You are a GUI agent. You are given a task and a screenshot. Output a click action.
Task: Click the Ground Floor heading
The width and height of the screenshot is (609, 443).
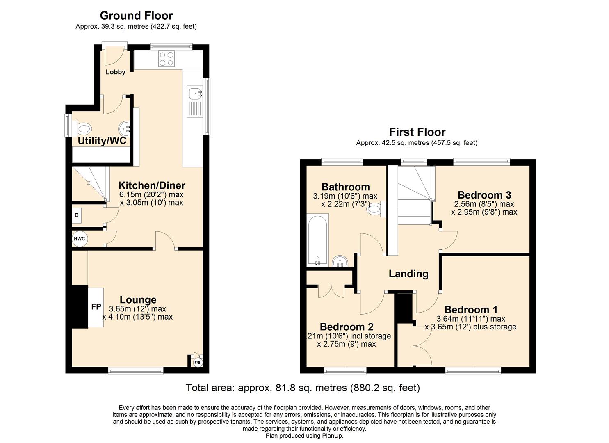136,16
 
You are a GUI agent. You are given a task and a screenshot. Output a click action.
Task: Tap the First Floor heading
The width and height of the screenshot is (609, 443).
417,132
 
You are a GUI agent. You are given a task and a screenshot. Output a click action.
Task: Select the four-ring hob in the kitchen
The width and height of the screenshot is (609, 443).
167,58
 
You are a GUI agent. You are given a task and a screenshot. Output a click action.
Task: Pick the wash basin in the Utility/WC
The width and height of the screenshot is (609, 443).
125,128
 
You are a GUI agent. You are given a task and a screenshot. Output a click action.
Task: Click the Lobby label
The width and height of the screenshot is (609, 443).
116,72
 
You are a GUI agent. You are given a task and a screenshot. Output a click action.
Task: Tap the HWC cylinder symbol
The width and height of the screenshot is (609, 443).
80,239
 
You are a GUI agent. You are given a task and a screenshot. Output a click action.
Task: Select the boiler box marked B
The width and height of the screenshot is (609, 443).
77,215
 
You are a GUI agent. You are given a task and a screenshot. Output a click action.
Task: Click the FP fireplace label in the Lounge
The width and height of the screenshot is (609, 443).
96,306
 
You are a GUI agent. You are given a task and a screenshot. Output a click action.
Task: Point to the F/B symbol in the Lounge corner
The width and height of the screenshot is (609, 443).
197,362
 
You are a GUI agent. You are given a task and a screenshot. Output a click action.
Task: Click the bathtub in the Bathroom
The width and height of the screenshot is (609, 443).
317,241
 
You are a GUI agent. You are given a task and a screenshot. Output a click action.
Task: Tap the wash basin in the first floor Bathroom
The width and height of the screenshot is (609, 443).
340,261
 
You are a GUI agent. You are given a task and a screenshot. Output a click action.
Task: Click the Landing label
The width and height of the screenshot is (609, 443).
408,274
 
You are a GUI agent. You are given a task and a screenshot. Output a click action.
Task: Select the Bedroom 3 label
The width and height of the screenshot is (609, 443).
484,195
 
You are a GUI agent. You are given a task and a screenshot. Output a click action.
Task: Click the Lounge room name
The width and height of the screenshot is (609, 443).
138,300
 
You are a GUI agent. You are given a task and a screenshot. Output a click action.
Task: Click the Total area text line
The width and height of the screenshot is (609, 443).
303,388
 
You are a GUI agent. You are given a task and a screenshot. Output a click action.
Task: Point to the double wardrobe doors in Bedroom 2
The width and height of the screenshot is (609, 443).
331,290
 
